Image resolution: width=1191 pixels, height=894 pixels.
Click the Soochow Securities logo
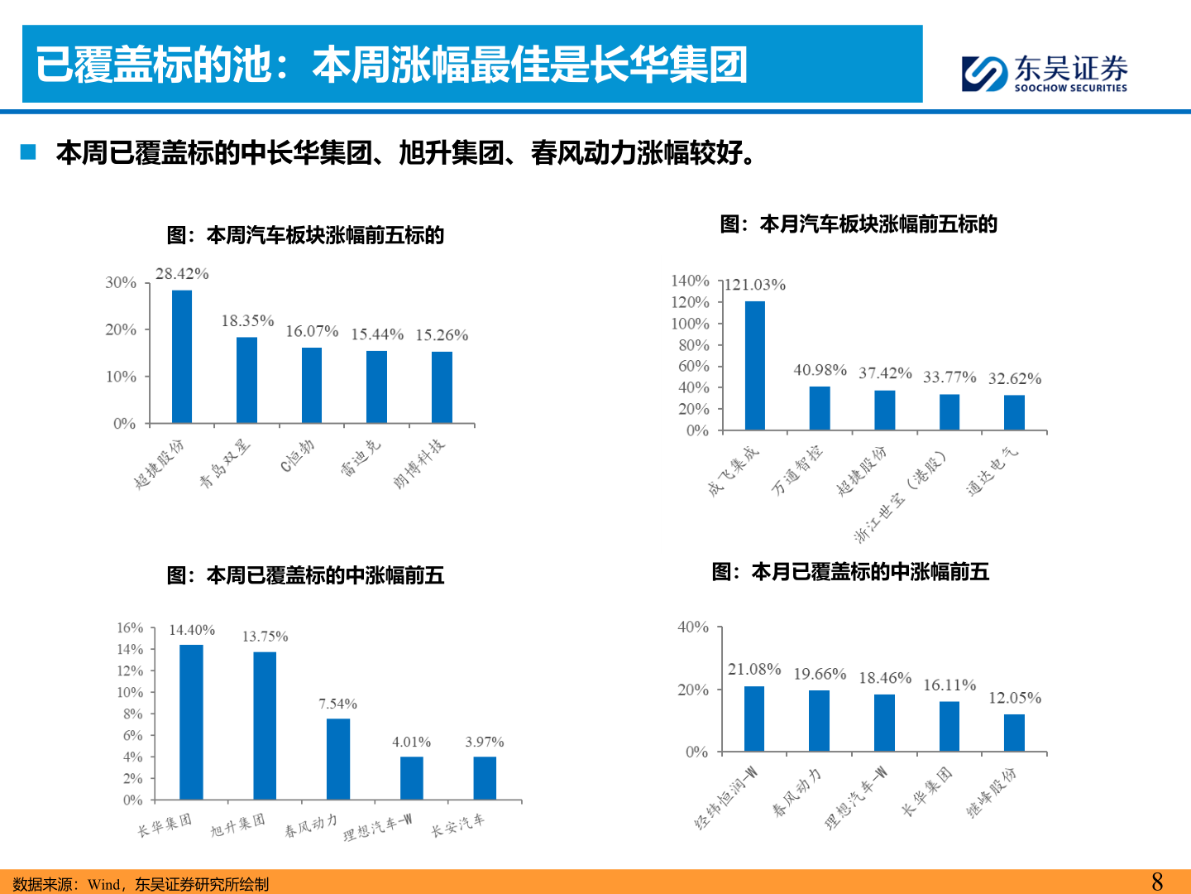point(1045,73)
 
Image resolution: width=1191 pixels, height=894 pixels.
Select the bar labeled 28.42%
point(182,356)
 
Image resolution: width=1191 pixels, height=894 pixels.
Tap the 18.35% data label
point(247,320)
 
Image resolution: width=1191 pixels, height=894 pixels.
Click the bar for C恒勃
point(312,385)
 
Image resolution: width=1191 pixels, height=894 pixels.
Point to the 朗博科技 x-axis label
point(419,463)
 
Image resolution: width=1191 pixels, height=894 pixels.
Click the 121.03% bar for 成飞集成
point(754,365)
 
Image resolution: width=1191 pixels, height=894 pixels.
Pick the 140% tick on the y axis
point(690,281)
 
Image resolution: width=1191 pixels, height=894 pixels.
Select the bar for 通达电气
point(1014,412)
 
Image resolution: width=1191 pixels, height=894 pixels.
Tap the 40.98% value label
point(820,370)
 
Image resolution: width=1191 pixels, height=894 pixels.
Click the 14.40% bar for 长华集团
point(191,722)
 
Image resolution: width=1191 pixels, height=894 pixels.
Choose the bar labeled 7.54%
point(338,758)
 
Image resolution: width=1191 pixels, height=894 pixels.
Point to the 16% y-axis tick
point(130,627)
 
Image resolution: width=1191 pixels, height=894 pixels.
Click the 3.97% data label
point(485,742)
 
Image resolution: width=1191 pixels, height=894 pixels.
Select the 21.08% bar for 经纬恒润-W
point(754,719)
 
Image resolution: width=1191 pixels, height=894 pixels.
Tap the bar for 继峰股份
point(1014,733)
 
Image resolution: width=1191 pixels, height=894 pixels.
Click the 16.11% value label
point(949,685)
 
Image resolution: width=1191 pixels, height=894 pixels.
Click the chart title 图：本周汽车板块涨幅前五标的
point(305,235)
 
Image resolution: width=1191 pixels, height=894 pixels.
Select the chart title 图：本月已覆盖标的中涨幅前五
point(850,572)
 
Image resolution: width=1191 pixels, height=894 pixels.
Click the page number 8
point(1157,882)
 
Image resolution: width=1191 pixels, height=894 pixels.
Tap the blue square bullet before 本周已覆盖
point(29,152)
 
